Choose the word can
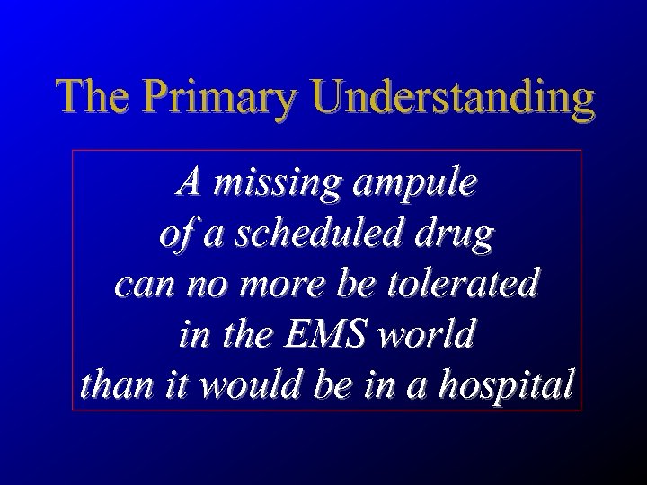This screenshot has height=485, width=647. coord(140,288)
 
